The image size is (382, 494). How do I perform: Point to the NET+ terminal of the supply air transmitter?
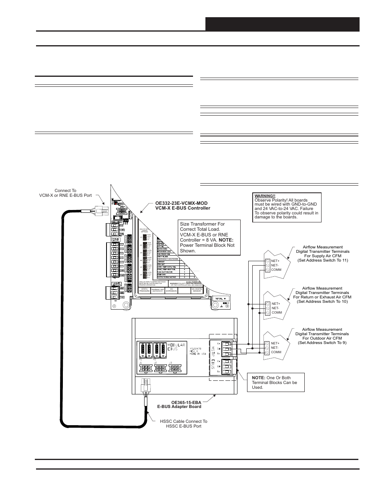(x=275, y=261)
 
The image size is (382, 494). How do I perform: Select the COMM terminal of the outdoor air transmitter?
(x=276, y=352)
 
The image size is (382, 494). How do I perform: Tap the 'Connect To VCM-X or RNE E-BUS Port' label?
(x=65, y=193)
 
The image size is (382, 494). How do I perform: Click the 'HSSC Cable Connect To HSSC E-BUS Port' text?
(x=183, y=424)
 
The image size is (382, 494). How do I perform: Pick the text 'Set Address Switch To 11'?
(x=322, y=260)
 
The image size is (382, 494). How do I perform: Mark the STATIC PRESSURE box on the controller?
(x=145, y=290)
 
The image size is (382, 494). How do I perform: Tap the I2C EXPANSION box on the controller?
(x=171, y=290)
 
